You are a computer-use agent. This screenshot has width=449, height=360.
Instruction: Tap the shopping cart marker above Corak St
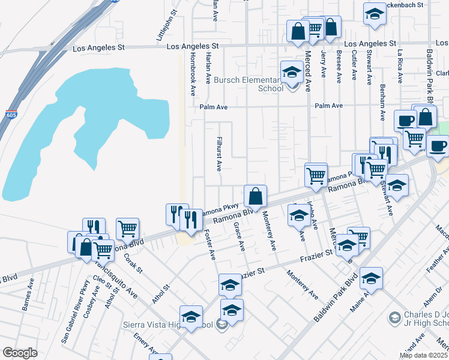click(127, 229)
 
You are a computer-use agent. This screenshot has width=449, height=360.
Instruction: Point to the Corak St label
click(133, 262)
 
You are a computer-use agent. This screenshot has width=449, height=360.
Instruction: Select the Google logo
click(20, 353)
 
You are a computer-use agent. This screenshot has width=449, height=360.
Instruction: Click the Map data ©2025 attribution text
click(423, 355)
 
